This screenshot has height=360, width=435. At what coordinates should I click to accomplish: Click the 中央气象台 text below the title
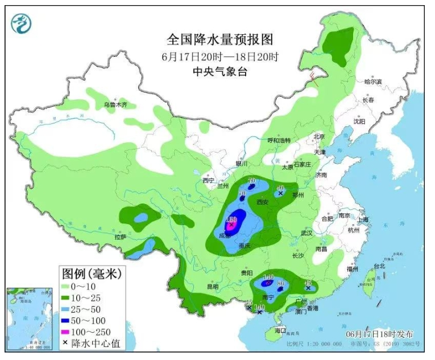click(220, 72)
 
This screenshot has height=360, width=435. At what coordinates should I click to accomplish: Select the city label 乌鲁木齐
click(116, 105)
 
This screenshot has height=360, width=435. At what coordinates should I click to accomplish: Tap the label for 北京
click(318, 137)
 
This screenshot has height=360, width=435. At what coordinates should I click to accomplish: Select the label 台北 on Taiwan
click(379, 266)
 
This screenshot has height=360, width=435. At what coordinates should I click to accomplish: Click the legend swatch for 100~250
click(67, 332)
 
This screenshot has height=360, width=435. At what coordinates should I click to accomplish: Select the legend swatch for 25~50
click(67, 309)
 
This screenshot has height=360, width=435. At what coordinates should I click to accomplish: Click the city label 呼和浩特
click(279, 140)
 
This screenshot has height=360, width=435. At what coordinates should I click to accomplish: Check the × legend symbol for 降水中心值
click(67, 343)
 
